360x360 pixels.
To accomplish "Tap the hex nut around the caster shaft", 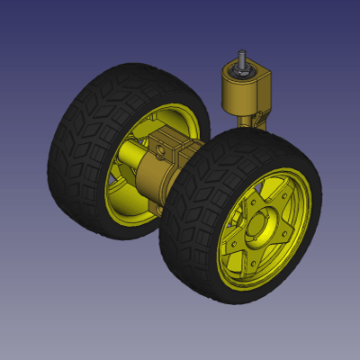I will point(240,69).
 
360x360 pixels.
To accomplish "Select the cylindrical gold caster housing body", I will point(236,93).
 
